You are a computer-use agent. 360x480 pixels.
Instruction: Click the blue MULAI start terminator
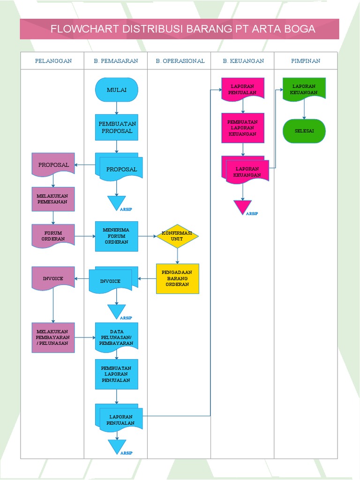pyautogui.click(x=116, y=90)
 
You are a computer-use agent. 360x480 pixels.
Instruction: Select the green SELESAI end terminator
pyautogui.click(x=304, y=131)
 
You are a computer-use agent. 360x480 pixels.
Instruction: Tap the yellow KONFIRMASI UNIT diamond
pyautogui.click(x=177, y=236)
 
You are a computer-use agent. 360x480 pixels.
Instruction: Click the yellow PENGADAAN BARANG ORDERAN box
pyautogui.click(x=177, y=278)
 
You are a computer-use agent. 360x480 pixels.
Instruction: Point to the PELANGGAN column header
pyautogui.click(x=53, y=61)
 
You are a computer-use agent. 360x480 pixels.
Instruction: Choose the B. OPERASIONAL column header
pyautogui.click(x=180, y=61)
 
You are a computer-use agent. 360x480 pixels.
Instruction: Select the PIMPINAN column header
pyautogui.click(x=306, y=61)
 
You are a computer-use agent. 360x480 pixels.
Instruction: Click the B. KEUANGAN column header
pyautogui.click(x=243, y=61)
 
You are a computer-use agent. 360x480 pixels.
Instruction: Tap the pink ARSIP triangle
pyautogui.click(x=242, y=206)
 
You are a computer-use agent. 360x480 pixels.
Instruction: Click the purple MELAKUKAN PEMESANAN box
pyautogui.click(x=53, y=199)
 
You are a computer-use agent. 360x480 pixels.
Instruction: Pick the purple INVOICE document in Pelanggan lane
pyautogui.click(x=53, y=278)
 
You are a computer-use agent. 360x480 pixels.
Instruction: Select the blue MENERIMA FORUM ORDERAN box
pyautogui.click(x=116, y=236)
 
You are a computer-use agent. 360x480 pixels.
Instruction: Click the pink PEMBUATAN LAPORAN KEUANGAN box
pyautogui.click(x=242, y=127)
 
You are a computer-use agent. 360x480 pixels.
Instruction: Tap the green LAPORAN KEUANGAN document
pyautogui.click(x=304, y=89)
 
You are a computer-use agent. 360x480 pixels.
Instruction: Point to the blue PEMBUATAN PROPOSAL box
pyautogui.click(x=116, y=127)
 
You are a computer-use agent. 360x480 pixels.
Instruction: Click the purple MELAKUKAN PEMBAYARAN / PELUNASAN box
pyautogui.click(x=53, y=337)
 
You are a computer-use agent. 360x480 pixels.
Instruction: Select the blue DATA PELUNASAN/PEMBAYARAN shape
pyautogui.click(x=116, y=337)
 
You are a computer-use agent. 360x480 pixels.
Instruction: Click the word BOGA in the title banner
pyautogui.click(x=297, y=29)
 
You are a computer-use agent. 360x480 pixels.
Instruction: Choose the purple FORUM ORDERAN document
pyautogui.click(x=53, y=235)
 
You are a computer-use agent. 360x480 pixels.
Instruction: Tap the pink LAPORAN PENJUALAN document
pyautogui.click(x=242, y=89)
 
